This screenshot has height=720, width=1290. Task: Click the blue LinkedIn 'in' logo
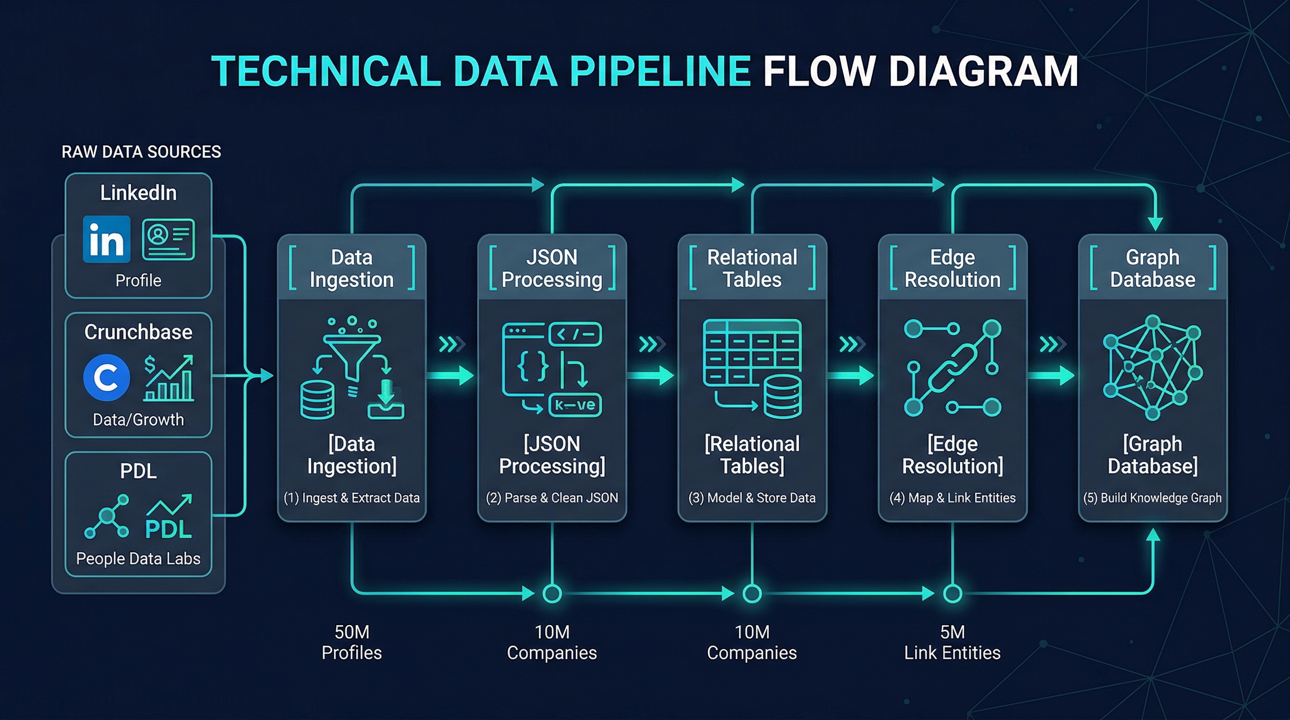[106, 240]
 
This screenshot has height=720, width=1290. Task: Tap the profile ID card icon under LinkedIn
[168, 240]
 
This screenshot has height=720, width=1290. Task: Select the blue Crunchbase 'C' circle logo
[106, 377]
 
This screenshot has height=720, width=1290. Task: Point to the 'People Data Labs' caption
[138, 558]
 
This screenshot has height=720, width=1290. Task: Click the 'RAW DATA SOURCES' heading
[141, 152]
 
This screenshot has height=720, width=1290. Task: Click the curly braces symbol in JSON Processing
[532, 367]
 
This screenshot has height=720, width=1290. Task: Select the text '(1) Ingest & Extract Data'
[352, 498]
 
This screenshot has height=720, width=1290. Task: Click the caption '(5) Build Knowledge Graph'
[1152, 498]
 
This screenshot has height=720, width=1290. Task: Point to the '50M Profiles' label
[352, 642]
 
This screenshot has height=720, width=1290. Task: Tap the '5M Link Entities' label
[952, 642]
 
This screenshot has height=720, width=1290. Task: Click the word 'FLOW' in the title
[819, 71]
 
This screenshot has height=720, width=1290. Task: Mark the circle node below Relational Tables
[752, 593]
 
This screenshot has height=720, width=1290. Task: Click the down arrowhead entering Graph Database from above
[1155, 223]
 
